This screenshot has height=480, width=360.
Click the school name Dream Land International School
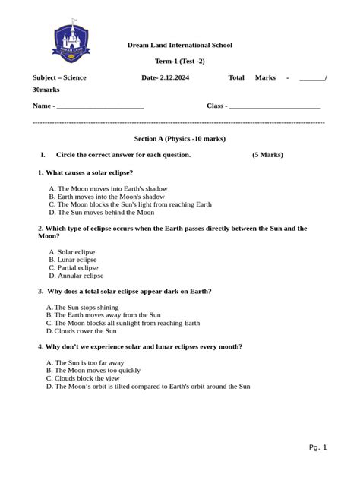(x=179, y=46)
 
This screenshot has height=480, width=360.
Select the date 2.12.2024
(x=174, y=77)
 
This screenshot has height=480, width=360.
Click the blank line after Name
(x=100, y=106)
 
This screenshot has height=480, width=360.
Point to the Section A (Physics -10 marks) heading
(x=179, y=139)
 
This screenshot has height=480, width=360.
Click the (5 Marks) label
(x=267, y=155)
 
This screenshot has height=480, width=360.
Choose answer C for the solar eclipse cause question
(x=129, y=204)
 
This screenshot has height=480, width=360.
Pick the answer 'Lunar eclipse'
(x=77, y=260)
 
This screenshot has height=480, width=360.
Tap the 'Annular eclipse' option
(x=81, y=276)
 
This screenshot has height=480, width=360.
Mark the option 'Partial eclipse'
(x=77, y=267)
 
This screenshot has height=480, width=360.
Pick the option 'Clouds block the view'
(x=88, y=378)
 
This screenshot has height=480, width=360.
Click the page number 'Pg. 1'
(x=317, y=447)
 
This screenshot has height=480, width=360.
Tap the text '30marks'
(x=46, y=90)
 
